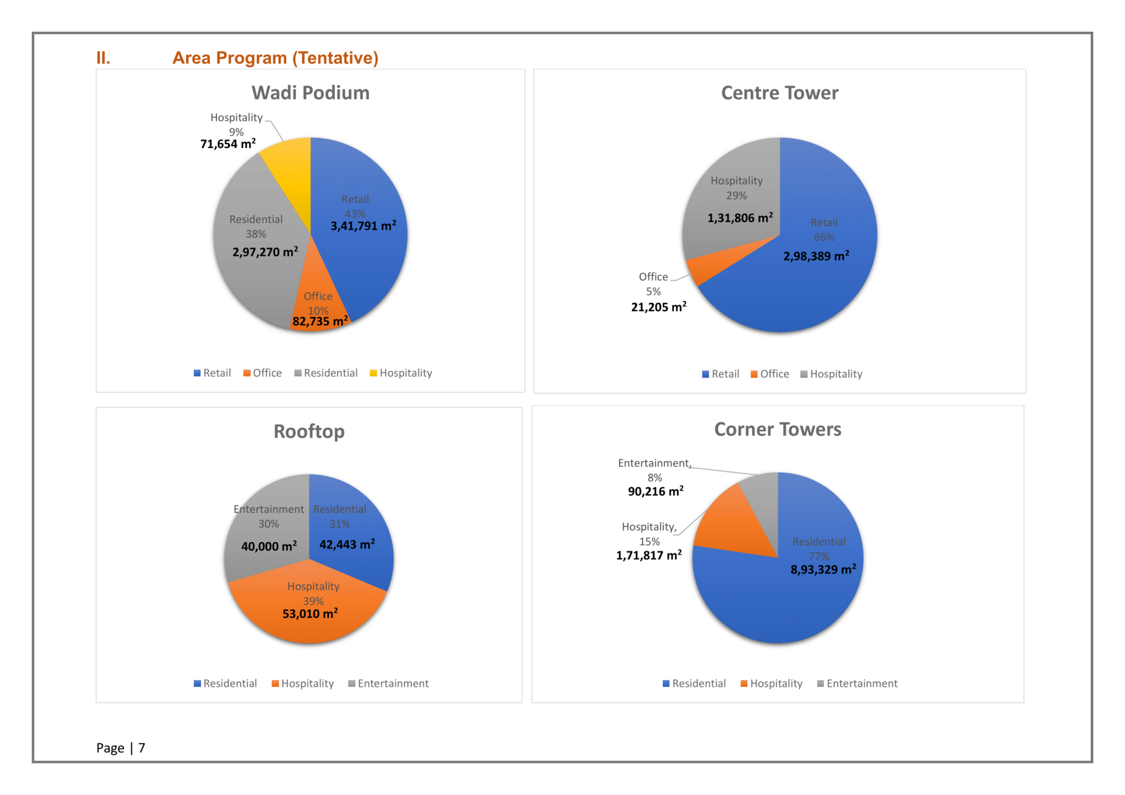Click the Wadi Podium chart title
point(310,93)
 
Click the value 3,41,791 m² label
point(363,225)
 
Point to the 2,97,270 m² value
point(265,251)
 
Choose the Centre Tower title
point(780,93)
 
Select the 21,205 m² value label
point(659,307)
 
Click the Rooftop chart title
point(309,431)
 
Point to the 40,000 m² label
point(269,546)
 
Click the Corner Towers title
point(777,429)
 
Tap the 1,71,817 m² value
point(649,555)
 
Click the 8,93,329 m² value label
point(823,570)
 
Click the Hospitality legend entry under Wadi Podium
point(401,373)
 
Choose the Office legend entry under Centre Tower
point(770,374)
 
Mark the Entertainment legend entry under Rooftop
point(388,684)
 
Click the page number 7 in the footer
point(142,748)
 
